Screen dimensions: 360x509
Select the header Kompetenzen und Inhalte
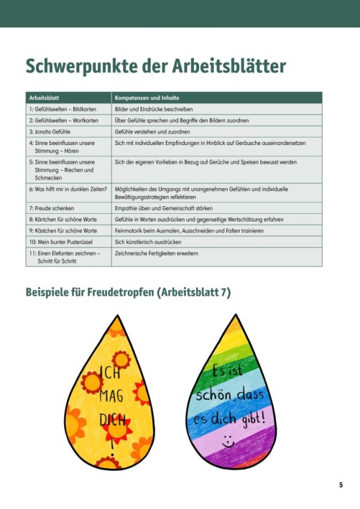pos(147,98)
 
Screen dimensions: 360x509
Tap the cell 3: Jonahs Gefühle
pos(50,132)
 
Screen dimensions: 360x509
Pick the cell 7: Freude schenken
pos(52,208)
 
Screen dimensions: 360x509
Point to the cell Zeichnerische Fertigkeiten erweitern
pos(156,253)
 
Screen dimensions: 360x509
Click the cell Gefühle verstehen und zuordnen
pos(152,132)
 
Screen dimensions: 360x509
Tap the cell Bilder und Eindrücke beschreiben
pos(153,109)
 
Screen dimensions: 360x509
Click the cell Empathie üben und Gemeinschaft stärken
pos(163,208)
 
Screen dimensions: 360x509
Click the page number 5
pos(341,485)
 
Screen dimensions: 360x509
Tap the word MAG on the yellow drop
pos(111,397)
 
